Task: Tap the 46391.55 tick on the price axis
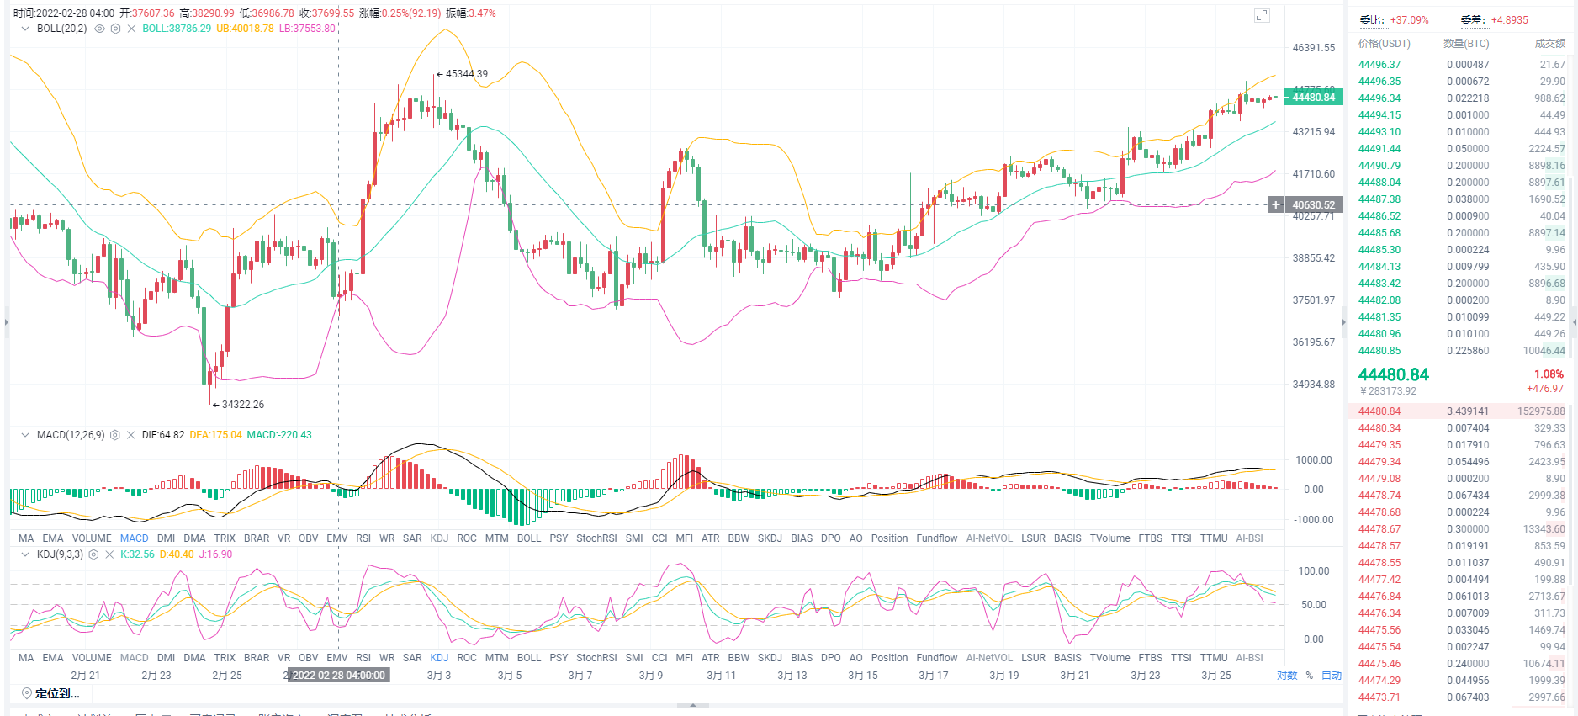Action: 1313,48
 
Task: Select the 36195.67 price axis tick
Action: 1313,342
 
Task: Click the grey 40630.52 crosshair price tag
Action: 1313,205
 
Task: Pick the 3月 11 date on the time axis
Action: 721,676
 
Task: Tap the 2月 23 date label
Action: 156,676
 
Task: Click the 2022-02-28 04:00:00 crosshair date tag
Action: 338,676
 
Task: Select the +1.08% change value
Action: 1549,374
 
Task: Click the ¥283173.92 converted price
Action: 1388,391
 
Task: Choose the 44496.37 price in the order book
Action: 1379,65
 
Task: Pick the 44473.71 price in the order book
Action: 1379,697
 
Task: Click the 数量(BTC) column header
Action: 1466,44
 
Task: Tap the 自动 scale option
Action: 1332,676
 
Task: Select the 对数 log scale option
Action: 1287,676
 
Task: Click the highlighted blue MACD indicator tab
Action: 134,538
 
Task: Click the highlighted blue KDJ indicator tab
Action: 439,658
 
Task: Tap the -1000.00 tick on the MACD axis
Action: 1313,520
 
